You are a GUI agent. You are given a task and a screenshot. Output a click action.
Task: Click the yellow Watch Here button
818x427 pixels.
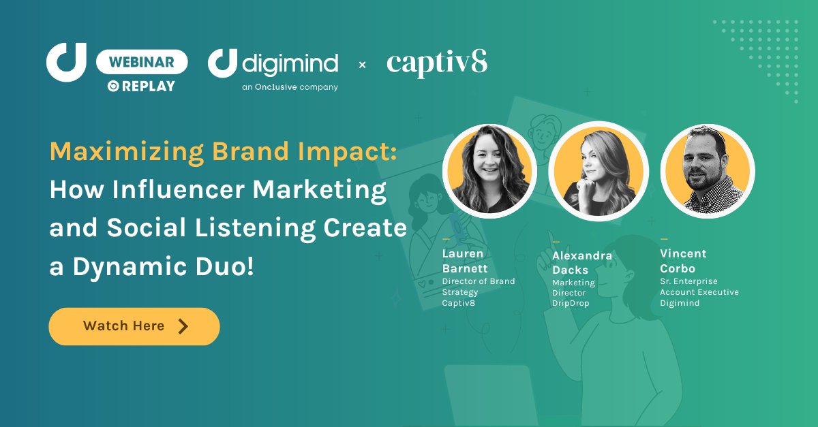click(x=134, y=326)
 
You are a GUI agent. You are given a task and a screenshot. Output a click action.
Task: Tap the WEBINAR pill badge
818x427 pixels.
click(x=142, y=62)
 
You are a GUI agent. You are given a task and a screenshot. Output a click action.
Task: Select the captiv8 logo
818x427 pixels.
click(x=437, y=63)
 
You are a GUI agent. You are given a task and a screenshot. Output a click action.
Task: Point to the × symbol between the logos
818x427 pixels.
click(x=362, y=65)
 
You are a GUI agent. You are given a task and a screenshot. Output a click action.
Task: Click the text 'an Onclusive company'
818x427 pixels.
click(x=290, y=87)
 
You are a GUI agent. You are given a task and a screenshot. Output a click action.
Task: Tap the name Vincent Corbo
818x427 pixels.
click(x=683, y=261)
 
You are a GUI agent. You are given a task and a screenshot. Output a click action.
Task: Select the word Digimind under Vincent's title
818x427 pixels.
click(x=680, y=302)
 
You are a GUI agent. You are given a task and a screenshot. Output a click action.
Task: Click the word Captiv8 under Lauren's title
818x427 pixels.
click(x=459, y=302)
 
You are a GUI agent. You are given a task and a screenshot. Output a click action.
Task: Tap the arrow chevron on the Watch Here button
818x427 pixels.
click(x=183, y=326)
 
